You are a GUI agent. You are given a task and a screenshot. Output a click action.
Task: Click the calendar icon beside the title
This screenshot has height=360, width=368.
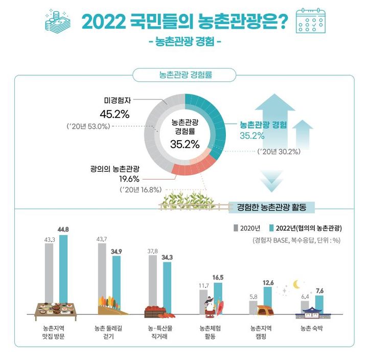tap(313, 20)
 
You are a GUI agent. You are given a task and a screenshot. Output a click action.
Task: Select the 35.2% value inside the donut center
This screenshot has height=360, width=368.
tap(185, 144)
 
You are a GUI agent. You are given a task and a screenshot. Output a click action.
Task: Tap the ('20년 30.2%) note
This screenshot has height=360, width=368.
tap(279, 151)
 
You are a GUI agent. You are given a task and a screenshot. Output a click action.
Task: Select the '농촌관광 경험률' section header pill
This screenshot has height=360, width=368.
tap(184, 75)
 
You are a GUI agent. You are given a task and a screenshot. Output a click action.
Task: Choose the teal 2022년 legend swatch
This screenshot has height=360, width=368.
tap(271, 228)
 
